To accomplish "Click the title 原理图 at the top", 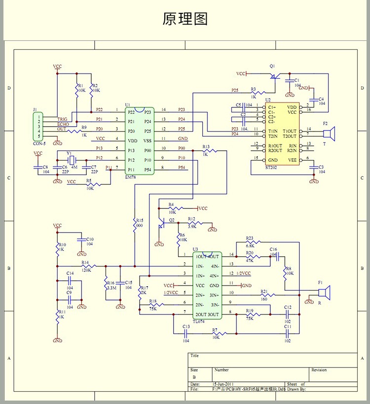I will pyautogui.click(x=185, y=19).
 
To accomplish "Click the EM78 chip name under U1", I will pyautogui.click(x=131, y=176).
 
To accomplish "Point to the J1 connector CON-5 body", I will pyautogui.click(x=37, y=127).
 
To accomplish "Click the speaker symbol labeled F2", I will pyautogui.click(x=329, y=134).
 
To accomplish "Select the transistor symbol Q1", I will pyautogui.click(x=272, y=76).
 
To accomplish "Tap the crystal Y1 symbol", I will pyautogui.click(x=72, y=160).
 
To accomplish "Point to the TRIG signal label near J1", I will pyautogui.click(x=63, y=119).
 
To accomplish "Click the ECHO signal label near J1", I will pyautogui.click(x=63, y=124).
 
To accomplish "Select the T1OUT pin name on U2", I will pyautogui.click(x=290, y=131).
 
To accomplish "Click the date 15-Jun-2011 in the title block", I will pyautogui.click(x=223, y=384).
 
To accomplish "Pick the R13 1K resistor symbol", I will pyautogui.click(x=210, y=151).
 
